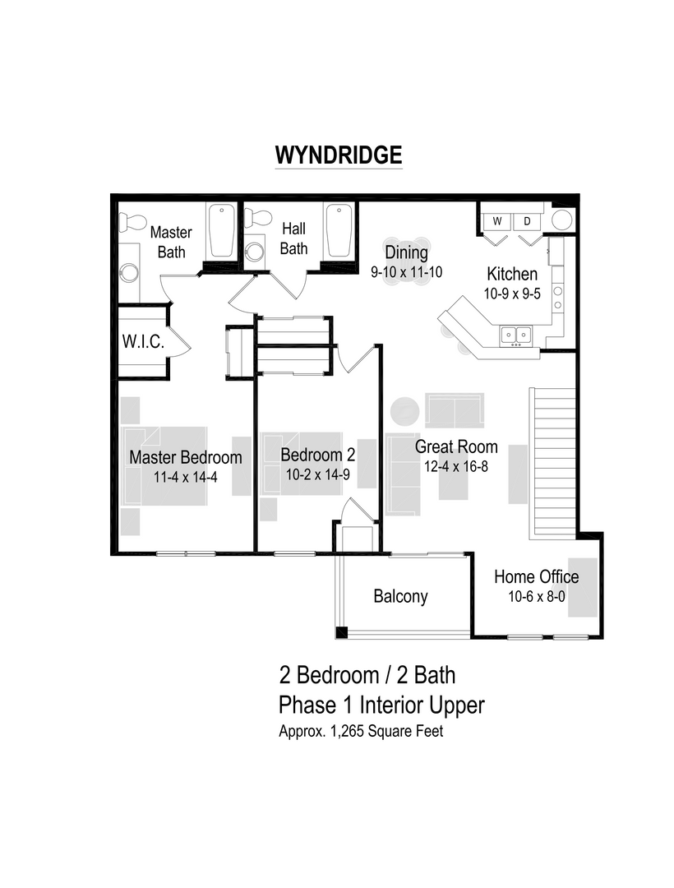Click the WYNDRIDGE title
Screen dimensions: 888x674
pyautogui.click(x=338, y=155)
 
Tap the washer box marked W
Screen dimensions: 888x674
pyautogui.click(x=496, y=221)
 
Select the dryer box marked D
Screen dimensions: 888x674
pyautogui.click(x=527, y=221)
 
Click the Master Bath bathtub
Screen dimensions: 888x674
pyautogui.click(x=219, y=231)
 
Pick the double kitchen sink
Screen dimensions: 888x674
pyautogui.click(x=515, y=334)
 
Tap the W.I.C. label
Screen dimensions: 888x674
pyautogui.click(x=144, y=342)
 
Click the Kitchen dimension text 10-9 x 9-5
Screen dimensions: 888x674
pyautogui.click(x=512, y=294)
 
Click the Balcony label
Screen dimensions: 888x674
pyautogui.click(x=400, y=596)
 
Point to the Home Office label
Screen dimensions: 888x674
pyautogui.click(x=536, y=576)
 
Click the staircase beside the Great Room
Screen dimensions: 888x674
pyautogui.click(x=553, y=460)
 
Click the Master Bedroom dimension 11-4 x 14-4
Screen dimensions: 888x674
pyautogui.click(x=185, y=477)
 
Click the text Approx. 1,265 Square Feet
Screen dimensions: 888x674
pyautogui.click(x=361, y=732)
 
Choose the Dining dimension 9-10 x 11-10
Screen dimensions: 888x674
pyautogui.click(x=407, y=271)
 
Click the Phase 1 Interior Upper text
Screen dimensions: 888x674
pyautogui.click(x=381, y=705)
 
